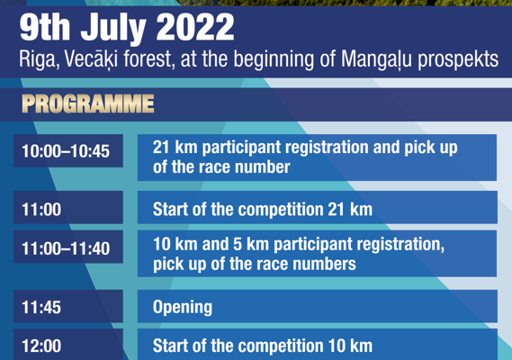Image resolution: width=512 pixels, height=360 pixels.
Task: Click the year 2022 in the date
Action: pyautogui.click(x=195, y=27)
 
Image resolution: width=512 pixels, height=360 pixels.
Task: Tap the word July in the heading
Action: pyautogui.click(x=113, y=30)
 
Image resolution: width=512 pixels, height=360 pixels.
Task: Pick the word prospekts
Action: pyautogui.click(x=458, y=60)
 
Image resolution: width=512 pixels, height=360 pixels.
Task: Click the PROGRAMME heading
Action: pyautogui.click(x=88, y=103)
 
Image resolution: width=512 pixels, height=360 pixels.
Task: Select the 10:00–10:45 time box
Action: pyautogui.click(x=68, y=151)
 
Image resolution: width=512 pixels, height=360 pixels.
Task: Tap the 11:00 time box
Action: pyautogui.click(x=68, y=208)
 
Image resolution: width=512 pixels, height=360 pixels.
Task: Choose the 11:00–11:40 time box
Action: pyautogui.click(x=68, y=247)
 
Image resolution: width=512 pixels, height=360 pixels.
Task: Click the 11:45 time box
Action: pyautogui.click(x=68, y=306)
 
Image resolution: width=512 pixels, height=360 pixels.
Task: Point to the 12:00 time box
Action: pyautogui.click(x=68, y=345)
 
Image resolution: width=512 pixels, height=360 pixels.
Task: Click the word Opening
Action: pyautogui.click(x=183, y=308)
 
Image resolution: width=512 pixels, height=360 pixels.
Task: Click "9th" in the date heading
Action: pyautogui.click(x=45, y=27)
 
